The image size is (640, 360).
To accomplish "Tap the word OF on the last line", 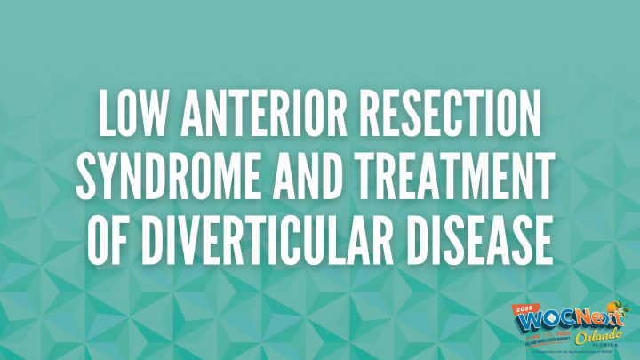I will point(108,240).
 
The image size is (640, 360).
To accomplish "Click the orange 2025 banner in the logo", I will point(525,308).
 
